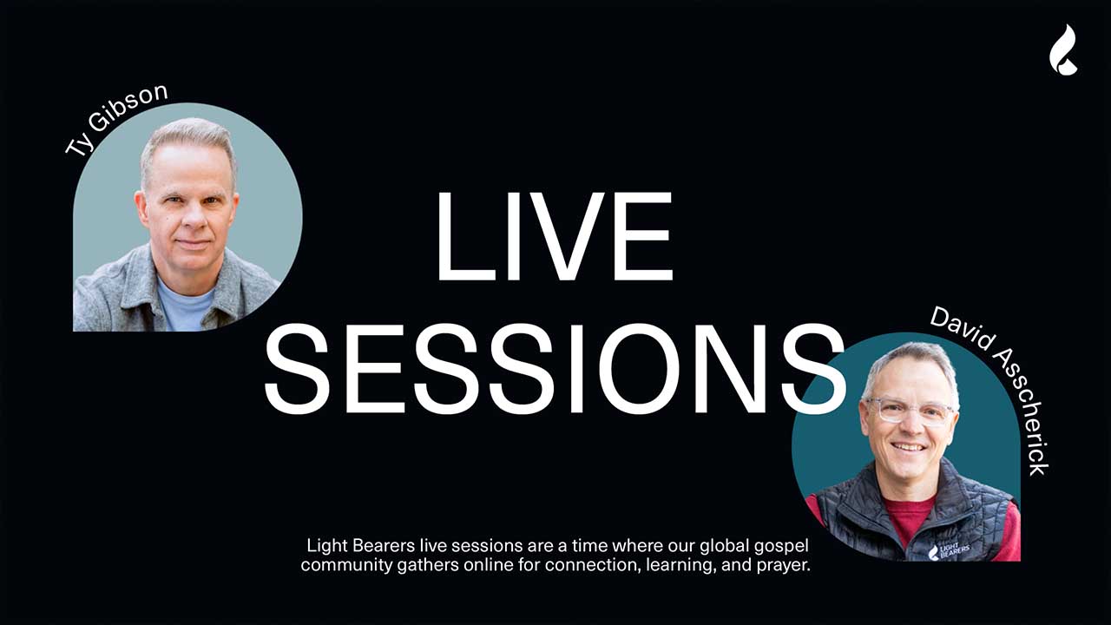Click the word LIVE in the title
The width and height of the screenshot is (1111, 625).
pos(554,236)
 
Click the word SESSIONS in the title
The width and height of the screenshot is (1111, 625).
pos(554,368)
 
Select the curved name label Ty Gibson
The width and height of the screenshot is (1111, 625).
pos(116,120)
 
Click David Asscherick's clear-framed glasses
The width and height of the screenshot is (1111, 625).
pos(907,410)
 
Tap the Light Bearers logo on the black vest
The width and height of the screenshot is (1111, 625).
pos(949,551)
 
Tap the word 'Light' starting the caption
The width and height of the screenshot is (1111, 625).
pos(325,547)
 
